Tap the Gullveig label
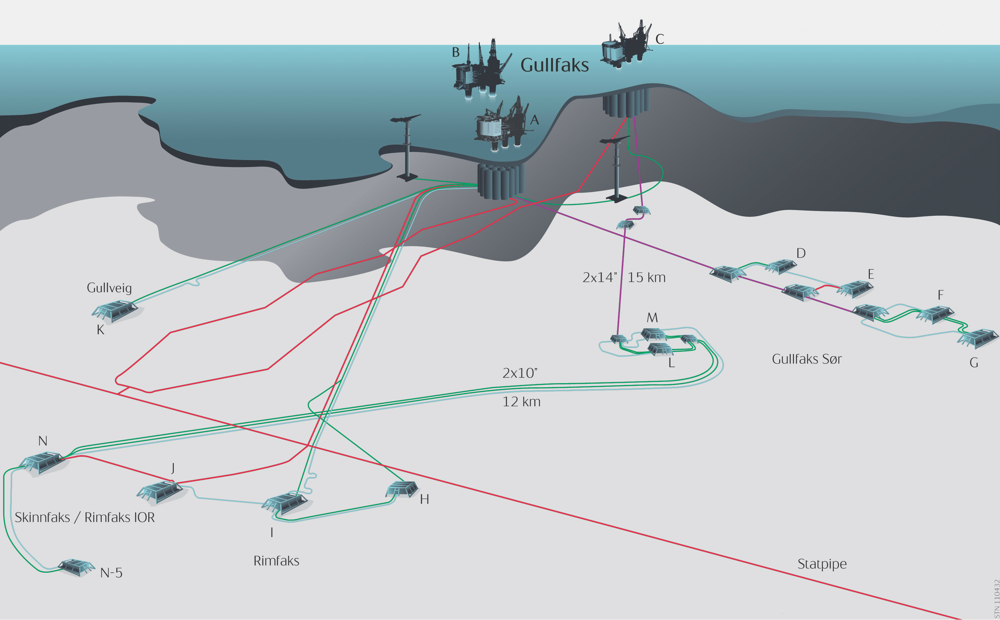[x=109, y=288]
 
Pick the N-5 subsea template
[x=76, y=567]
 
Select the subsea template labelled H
[x=402, y=489]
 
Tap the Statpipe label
[x=822, y=564]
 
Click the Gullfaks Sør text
[x=807, y=359]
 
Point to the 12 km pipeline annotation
[x=521, y=402]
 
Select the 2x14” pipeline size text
[x=600, y=277]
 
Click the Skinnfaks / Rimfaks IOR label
[x=85, y=517]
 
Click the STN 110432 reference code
[x=996, y=599]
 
